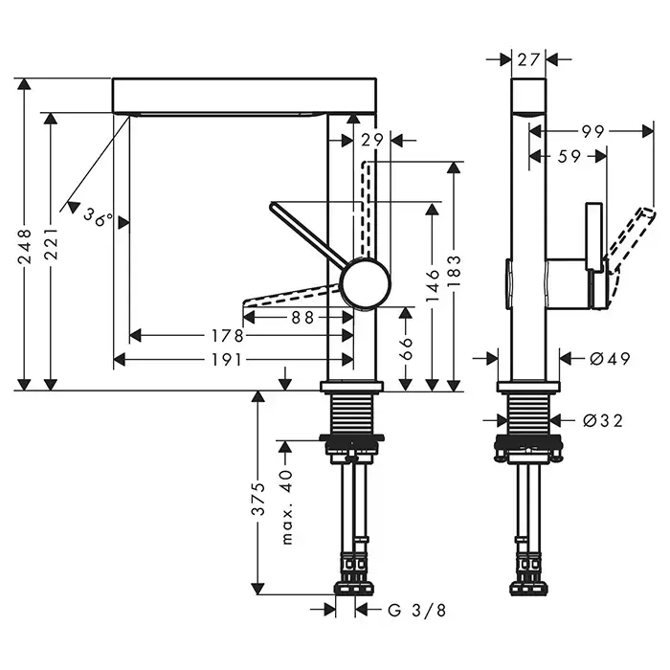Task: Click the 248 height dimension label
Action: coord(25,245)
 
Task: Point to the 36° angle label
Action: coord(97,217)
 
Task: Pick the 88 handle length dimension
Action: coord(303,319)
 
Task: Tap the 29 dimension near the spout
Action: coord(373,141)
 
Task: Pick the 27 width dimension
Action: coord(528,59)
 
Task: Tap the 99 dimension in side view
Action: coord(593,131)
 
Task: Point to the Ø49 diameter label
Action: coord(610,359)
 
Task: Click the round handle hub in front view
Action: coord(366,284)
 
